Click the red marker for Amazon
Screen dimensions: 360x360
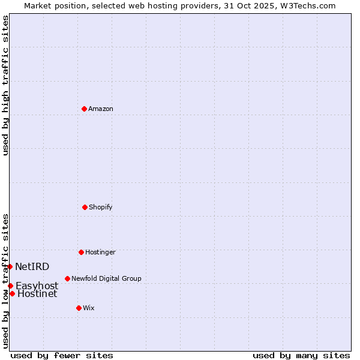85,109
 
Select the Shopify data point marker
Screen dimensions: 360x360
85,207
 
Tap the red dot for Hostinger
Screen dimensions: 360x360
81,252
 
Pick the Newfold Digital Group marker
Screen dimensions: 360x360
67,278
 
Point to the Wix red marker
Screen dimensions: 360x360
79,308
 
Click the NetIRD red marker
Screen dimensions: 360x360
10,266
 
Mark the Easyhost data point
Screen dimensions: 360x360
11,286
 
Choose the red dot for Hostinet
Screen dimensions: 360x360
12,293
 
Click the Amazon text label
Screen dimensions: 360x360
101,109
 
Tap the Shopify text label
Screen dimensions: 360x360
101,207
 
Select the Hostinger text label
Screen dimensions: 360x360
100,252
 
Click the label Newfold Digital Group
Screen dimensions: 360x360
106,278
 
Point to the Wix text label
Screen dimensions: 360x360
89,308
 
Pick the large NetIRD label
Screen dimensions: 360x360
32,266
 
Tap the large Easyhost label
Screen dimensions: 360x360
37,286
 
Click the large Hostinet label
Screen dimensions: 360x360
37,293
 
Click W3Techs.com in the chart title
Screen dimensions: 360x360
308,5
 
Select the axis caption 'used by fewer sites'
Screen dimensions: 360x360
61,355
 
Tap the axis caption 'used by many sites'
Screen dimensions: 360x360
301,355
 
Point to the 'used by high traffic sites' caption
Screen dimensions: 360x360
5,85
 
